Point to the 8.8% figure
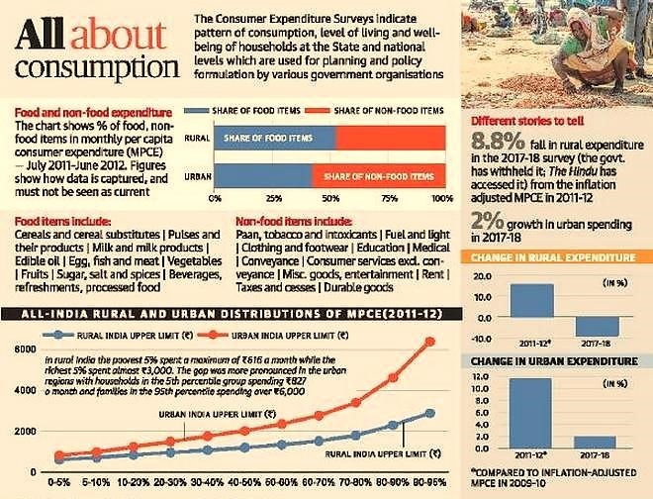[501, 139]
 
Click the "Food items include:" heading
[54, 221]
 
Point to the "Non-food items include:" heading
[295, 221]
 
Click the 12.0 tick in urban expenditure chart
[482, 378]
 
